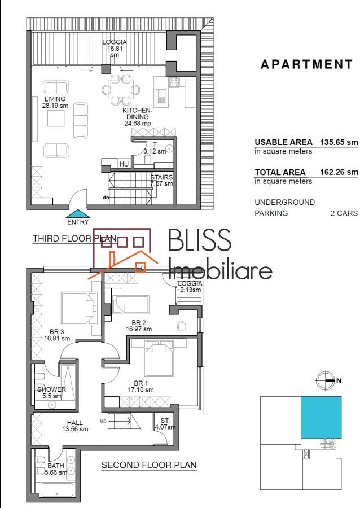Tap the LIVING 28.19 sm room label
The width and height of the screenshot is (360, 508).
55,102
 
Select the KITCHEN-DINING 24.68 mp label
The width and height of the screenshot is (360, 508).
137,117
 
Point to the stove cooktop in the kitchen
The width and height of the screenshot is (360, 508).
174,82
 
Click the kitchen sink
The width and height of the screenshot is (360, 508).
161,97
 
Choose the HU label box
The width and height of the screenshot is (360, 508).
124,164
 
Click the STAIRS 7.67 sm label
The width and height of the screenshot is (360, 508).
161,181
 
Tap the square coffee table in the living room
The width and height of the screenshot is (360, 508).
56,119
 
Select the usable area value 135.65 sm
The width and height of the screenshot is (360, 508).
339,142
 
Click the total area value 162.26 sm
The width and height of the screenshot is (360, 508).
339,172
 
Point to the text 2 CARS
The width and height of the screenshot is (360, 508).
344,213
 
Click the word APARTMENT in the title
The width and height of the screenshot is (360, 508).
306,64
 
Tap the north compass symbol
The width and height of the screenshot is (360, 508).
325,380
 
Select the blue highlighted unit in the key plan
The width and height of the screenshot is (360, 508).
321,417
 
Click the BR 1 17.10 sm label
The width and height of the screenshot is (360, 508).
141,387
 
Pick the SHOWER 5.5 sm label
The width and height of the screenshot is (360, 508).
52,392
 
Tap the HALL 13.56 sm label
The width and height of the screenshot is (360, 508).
75,426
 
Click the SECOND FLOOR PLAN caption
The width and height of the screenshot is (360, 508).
149,465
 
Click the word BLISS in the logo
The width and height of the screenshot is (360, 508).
200,240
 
